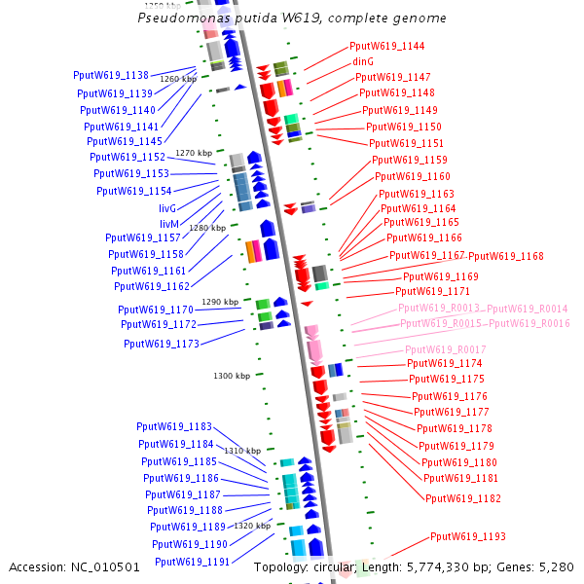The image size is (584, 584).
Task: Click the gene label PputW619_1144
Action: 387,46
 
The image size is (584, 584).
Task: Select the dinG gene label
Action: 363,61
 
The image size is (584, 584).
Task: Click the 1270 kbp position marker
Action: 194,153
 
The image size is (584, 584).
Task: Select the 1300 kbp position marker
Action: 232,375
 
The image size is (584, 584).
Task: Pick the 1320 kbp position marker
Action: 251,526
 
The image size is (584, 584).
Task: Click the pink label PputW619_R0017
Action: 446,349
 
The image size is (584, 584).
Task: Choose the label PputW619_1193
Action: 468,536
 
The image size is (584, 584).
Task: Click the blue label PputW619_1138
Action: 111,75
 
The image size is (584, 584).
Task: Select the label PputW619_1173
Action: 162,344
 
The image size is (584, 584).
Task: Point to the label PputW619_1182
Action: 463,498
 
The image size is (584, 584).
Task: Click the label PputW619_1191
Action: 192,562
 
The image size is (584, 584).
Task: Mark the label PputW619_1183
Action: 174,426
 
